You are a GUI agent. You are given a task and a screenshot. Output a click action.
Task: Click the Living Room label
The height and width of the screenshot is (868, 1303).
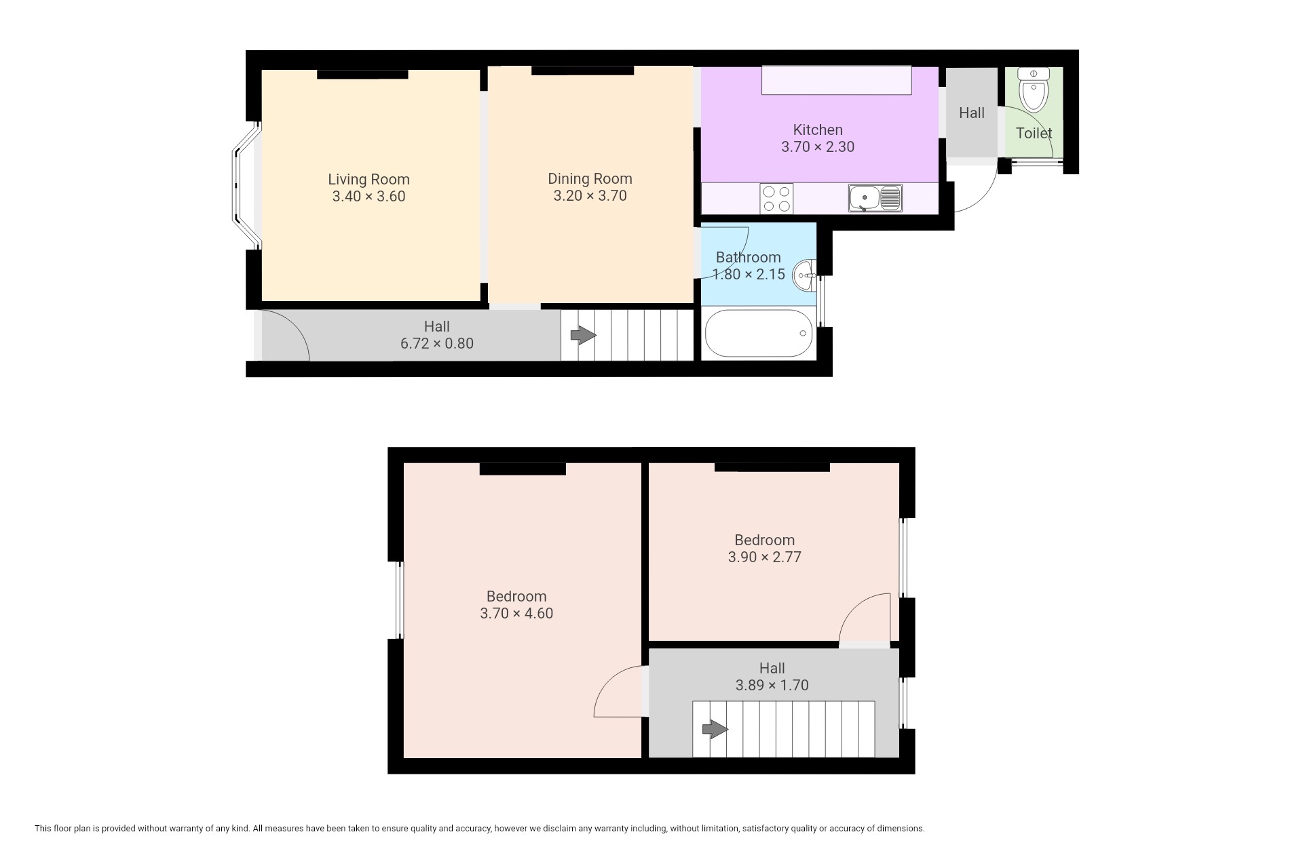pyautogui.click(x=369, y=180)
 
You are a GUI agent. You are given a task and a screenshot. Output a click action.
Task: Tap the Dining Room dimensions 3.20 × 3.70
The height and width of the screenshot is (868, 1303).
pyautogui.click(x=590, y=196)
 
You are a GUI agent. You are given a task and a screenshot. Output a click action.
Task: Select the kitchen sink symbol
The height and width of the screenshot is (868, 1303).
pyautogui.click(x=875, y=198)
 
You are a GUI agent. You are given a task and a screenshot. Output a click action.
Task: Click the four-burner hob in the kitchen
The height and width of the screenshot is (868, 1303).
pyautogui.click(x=776, y=199)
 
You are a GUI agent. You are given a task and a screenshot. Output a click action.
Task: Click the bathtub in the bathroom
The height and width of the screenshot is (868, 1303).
pyautogui.click(x=759, y=334)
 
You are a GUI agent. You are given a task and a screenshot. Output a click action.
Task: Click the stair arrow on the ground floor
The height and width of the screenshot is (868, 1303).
pyautogui.click(x=583, y=335)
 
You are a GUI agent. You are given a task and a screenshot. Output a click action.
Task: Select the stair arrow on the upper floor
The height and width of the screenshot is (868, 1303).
pyautogui.click(x=715, y=730)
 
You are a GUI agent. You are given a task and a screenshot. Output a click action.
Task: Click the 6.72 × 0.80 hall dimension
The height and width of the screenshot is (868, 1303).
pyautogui.click(x=437, y=344)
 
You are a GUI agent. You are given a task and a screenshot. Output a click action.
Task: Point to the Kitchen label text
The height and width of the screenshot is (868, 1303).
pyautogui.click(x=818, y=130)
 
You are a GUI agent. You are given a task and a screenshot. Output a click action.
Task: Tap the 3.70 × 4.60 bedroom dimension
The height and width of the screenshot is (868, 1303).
pyautogui.click(x=516, y=614)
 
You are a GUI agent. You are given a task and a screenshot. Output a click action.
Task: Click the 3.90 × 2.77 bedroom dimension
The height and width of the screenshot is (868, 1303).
pyautogui.click(x=765, y=557)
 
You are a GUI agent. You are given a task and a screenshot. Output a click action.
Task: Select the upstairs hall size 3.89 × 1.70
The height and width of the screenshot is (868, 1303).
pyautogui.click(x=772, y=686)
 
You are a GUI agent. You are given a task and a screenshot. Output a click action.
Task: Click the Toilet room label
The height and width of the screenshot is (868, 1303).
pyautogui.click(x=1034, y=134)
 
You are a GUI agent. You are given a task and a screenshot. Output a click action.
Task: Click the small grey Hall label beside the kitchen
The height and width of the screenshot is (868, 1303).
pyautogui.click(x=972, y=113)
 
